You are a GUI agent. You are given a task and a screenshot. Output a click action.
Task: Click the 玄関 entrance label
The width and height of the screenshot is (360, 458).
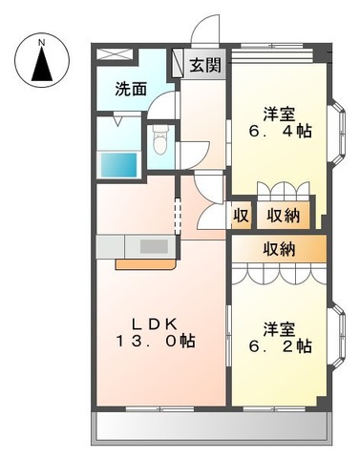[x=204, y=66]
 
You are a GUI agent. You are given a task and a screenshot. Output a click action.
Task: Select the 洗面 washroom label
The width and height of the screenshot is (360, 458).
[x=132, y=90]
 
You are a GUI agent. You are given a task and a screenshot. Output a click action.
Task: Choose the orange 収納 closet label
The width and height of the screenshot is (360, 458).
[x=279, y=249]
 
